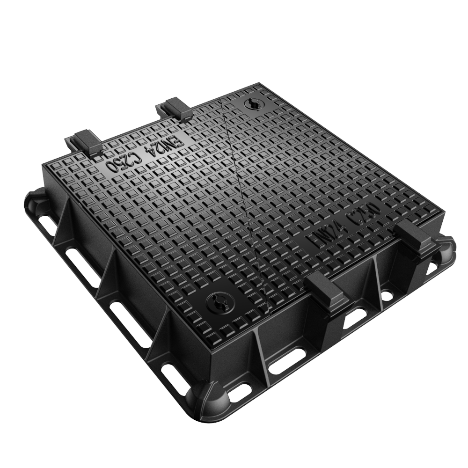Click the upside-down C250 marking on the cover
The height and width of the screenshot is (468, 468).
click(124, 162)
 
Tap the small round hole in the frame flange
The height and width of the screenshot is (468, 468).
click(387, 295)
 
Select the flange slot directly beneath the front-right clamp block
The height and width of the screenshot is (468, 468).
click(357, 318)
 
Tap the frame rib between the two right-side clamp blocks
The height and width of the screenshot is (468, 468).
click(377, 281)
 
